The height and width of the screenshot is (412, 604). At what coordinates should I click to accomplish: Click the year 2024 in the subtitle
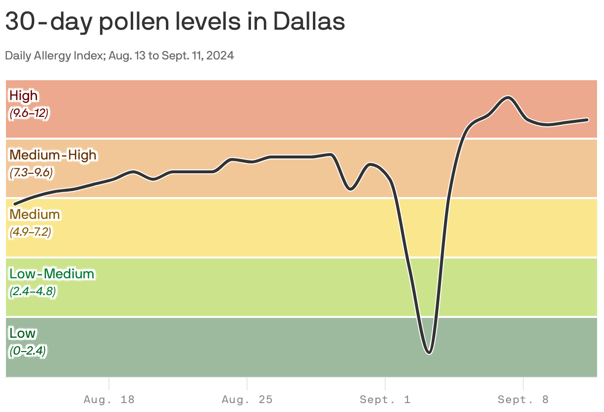point(220,55)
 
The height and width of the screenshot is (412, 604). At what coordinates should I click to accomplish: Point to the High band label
point(23,95)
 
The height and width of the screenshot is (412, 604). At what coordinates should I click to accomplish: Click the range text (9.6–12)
point(29,113)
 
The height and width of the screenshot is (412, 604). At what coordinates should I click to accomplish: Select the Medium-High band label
point(53,154)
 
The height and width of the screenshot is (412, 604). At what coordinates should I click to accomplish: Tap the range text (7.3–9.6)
point(31,172)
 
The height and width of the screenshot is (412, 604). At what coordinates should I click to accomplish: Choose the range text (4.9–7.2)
point(30,232)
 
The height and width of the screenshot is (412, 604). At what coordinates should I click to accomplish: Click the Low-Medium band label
point(51,273)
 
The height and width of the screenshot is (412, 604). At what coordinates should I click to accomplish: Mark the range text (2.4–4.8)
point(33,291)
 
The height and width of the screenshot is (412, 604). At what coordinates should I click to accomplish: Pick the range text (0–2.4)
point(28,351)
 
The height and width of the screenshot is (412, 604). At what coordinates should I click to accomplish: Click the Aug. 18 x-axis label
point(109,400)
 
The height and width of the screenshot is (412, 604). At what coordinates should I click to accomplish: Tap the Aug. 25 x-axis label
point(247,400)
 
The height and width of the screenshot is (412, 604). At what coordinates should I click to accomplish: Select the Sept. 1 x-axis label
point(385,400)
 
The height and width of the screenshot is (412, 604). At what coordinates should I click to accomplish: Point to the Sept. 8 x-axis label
point(523,400)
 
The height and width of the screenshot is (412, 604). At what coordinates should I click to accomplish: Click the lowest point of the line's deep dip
point(429,353)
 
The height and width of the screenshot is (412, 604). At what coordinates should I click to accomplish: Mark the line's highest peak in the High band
point(508,97)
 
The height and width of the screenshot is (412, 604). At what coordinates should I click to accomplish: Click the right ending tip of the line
point(587,119)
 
